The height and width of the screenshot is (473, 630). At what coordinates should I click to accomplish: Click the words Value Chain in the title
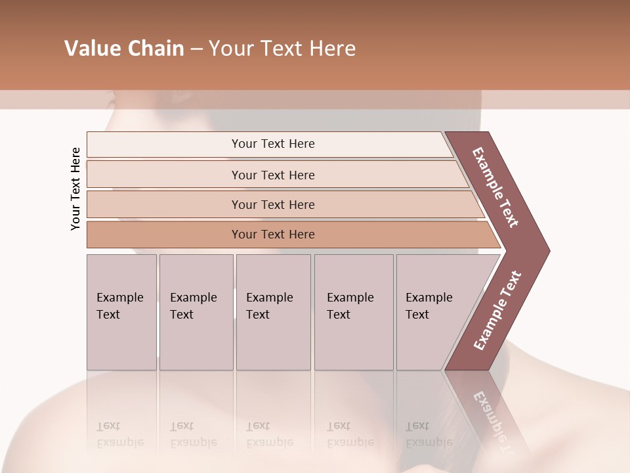coord(124,49)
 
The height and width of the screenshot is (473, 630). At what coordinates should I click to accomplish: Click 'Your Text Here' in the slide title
coord(282,49)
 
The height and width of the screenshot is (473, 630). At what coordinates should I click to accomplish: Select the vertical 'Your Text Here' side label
coord(75,189)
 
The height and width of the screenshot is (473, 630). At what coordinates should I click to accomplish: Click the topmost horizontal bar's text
coord(273,144)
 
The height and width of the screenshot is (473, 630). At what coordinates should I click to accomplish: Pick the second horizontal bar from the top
coord(273,175)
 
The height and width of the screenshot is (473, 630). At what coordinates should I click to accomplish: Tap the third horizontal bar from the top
coord(273,205)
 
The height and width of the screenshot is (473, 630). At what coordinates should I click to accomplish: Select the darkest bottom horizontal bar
coord(273,235)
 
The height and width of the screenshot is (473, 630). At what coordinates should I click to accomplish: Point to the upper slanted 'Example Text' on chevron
coord(495,187)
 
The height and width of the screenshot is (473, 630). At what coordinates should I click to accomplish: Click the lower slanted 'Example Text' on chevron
coord(497,311)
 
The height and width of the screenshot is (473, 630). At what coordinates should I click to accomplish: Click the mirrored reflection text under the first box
coord(119,434)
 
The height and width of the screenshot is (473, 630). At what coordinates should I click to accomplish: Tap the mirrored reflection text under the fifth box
coord(429,434)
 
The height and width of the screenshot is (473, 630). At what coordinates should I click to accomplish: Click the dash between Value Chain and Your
coord(196,49)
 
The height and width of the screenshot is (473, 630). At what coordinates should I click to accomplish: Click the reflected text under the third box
coord(269,434)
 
